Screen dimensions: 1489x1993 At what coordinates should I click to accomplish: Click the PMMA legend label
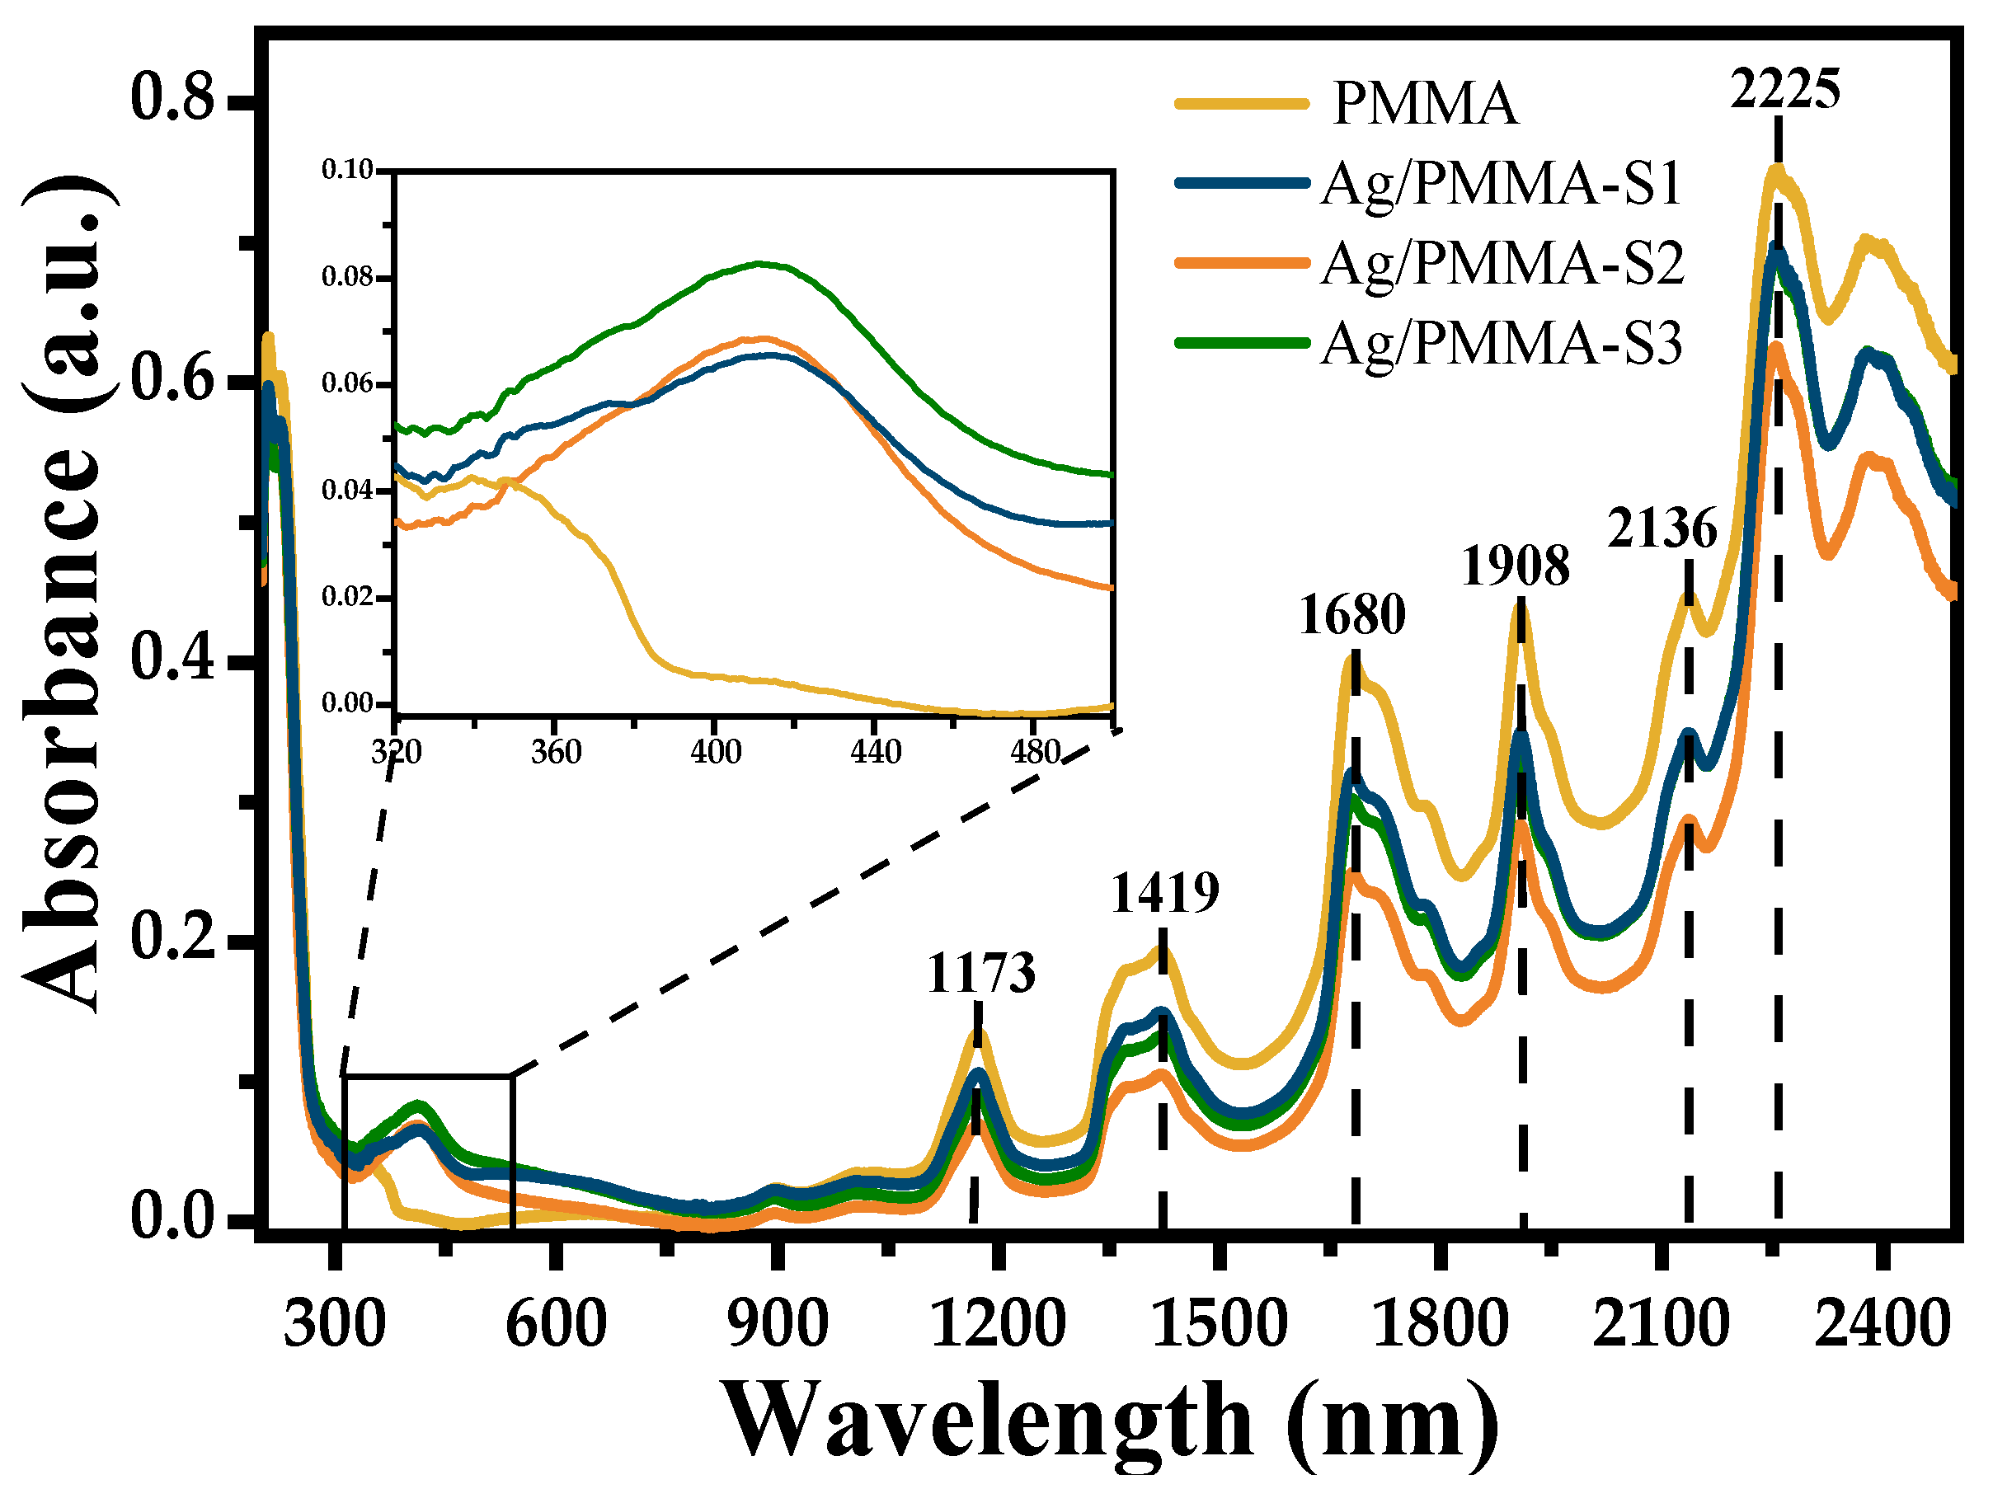[x=1425, y=104]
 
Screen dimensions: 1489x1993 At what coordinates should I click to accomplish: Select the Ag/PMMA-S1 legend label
[x=1501, y=184]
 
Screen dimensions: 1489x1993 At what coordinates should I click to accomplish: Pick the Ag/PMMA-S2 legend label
[x=1501, y=263]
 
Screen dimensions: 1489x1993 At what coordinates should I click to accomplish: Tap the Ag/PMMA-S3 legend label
[x=1501, y=343]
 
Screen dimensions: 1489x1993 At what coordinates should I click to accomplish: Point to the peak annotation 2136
[x=1662, y=528]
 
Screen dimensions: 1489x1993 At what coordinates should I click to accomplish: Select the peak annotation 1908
[x=1516, y=566]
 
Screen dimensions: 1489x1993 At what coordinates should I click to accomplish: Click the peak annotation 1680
[x=1351, y=615]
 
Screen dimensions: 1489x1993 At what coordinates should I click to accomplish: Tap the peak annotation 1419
[x=1164, y=894]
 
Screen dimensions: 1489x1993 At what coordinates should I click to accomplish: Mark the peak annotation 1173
[x=980, y=974]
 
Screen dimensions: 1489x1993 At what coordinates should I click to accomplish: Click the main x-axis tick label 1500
[x=1219, y=1325]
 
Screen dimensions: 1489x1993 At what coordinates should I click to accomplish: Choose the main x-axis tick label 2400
[x=1883, y=1325]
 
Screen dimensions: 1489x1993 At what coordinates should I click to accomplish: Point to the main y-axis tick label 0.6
[x=173, y=379]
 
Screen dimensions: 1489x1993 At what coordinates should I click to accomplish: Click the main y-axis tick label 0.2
[x=173, y=937]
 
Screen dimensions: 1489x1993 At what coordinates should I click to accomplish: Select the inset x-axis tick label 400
[x=716, y=751]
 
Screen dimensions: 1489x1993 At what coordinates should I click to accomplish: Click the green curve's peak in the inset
[x=762, y=264]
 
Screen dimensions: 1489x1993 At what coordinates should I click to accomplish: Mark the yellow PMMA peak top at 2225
[x=1776, y=168]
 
